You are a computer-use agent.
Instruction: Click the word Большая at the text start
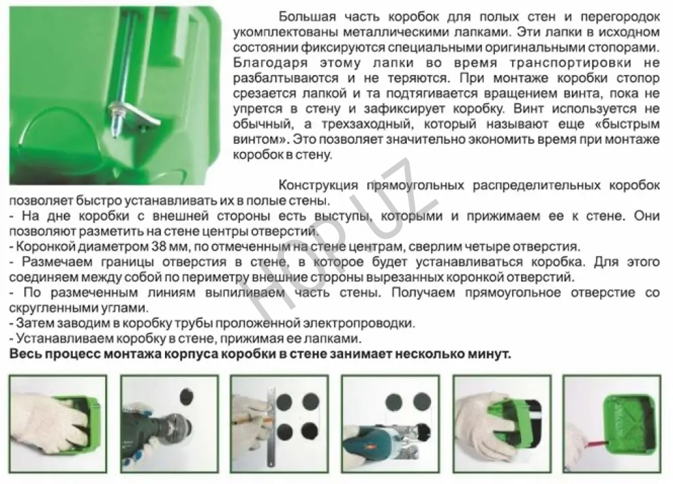(307, 16)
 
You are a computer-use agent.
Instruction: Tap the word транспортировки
(570, 62)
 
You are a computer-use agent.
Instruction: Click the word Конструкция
(318, 185)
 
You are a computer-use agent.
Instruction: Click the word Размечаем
(57, 262)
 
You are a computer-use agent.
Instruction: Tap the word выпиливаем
(244, 293)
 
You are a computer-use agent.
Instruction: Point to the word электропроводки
(359, 324)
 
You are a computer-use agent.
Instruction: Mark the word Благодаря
(270, 62)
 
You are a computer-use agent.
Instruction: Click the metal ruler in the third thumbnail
(270, 426)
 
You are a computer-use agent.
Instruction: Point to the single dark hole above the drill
(186, 396)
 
